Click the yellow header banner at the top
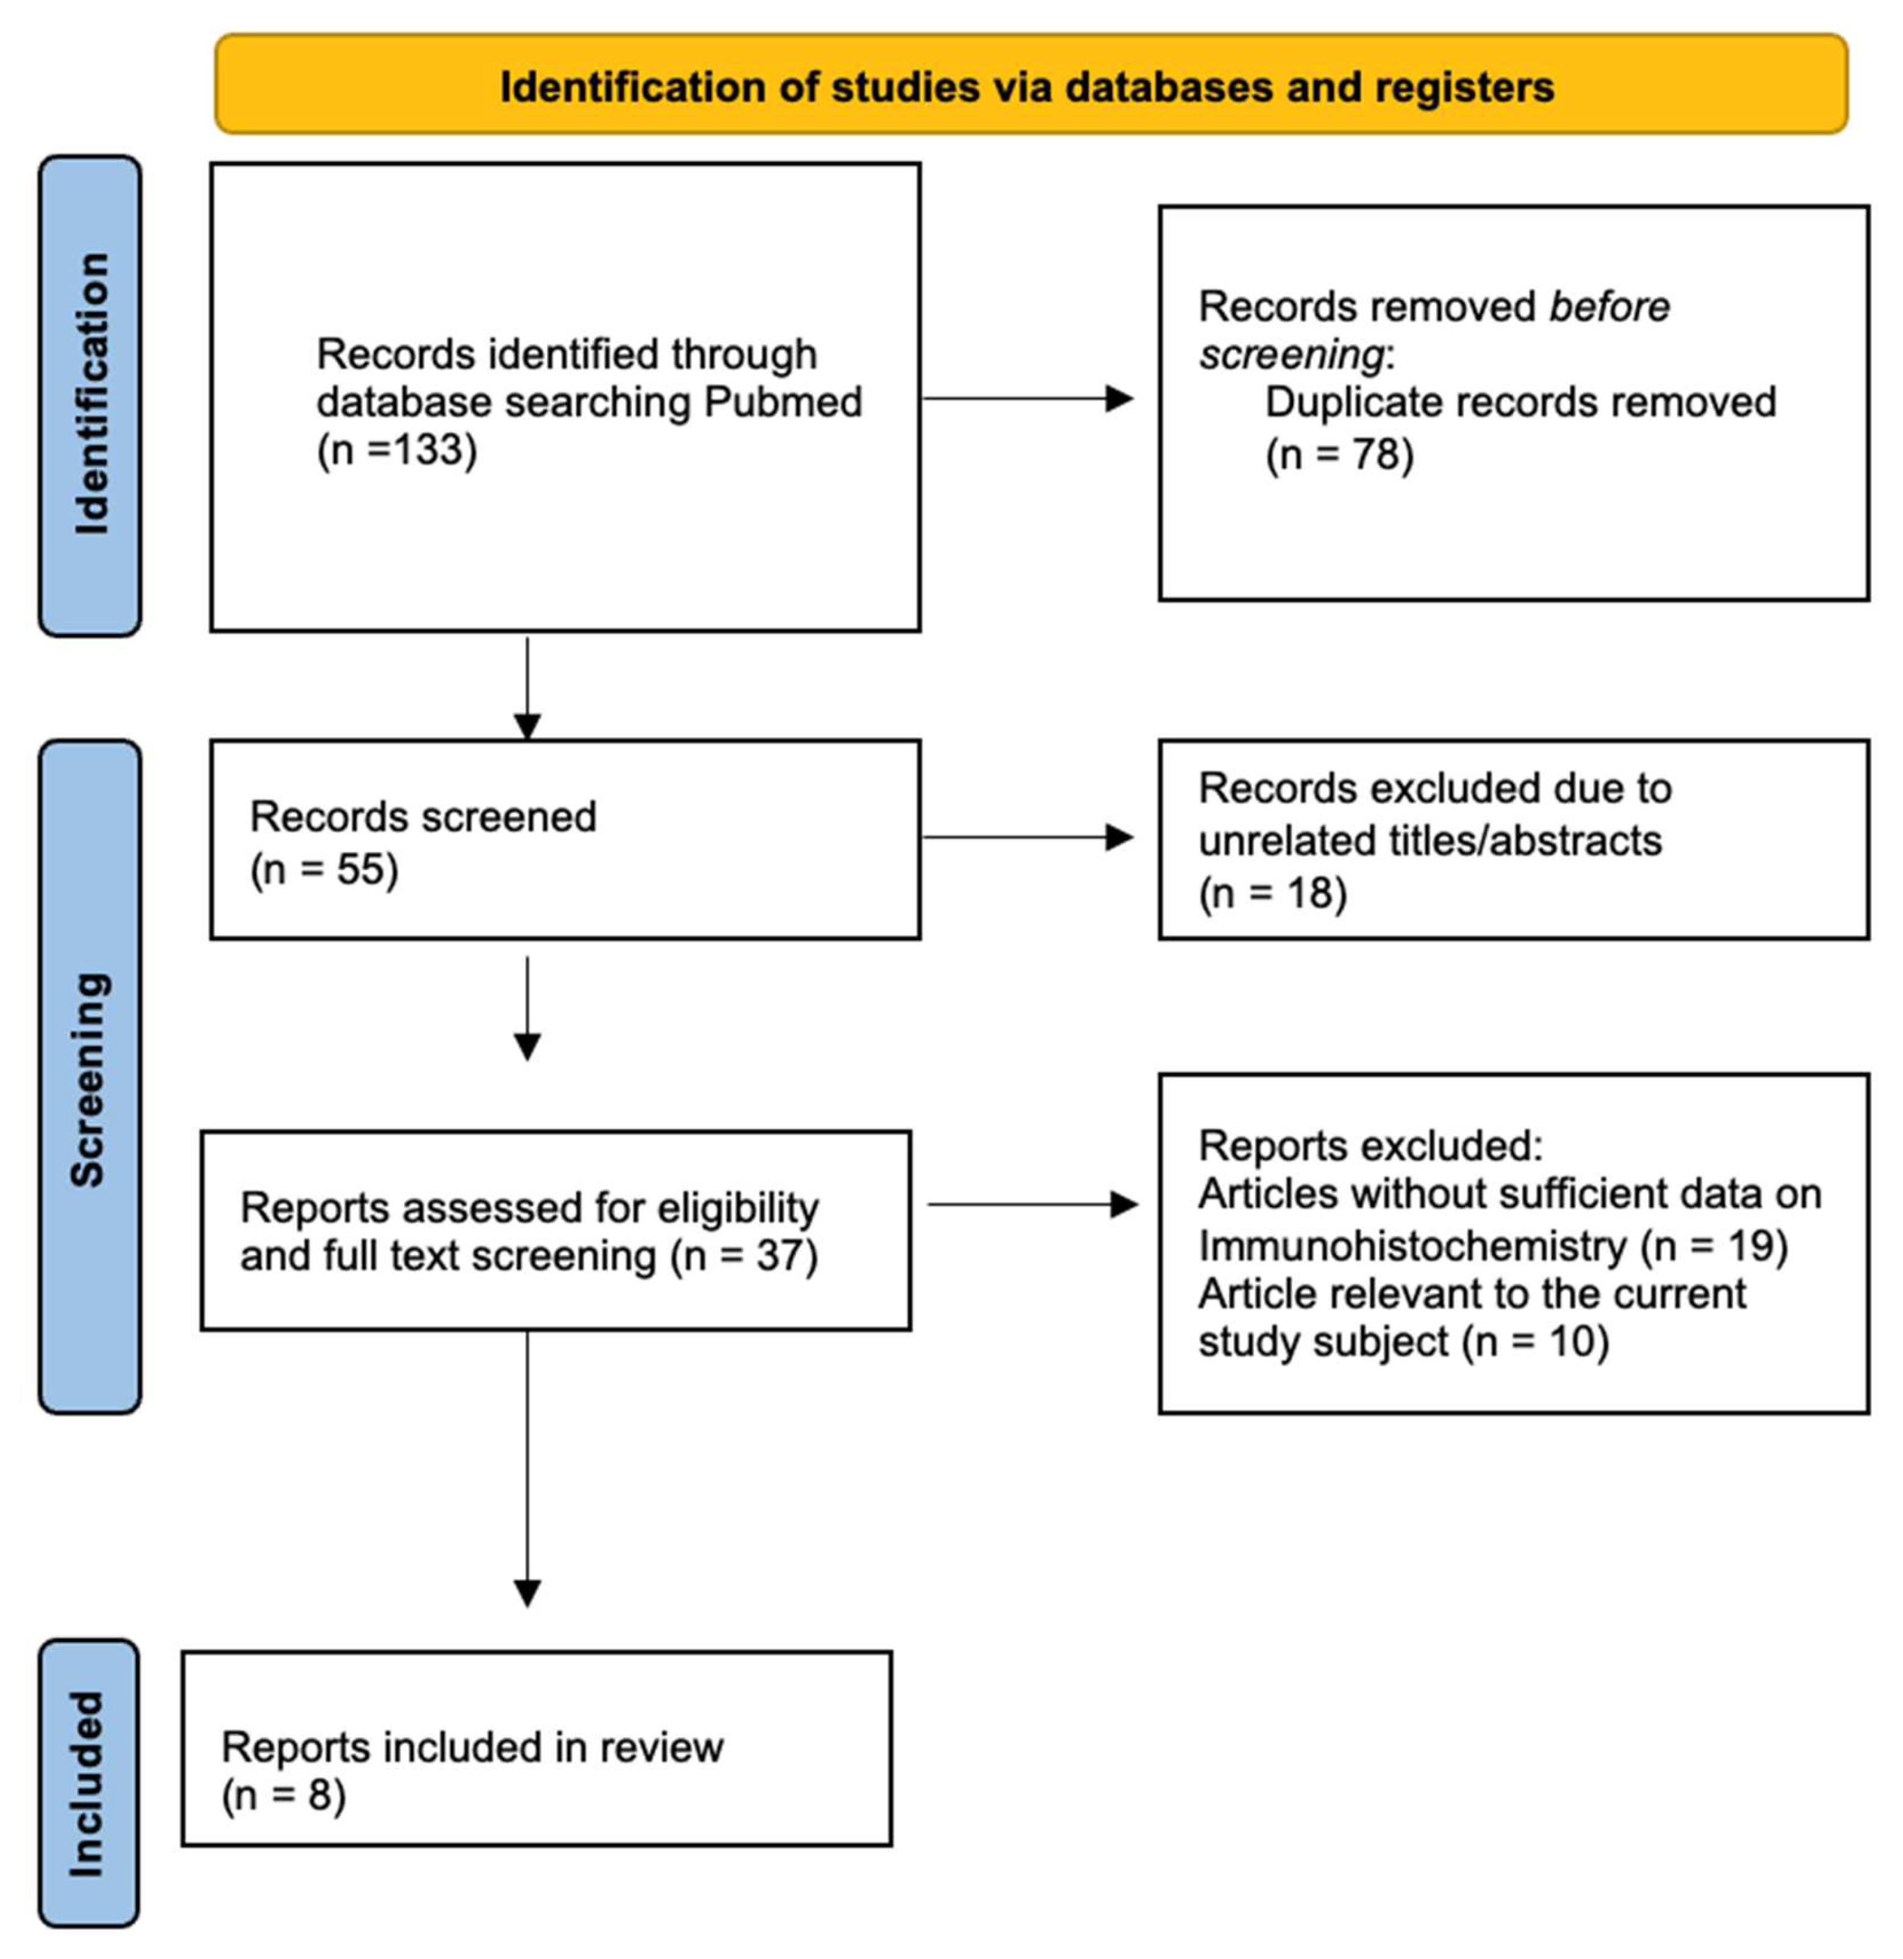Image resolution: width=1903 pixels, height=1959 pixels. tap(1029, 86)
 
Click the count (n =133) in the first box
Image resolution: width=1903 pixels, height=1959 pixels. tap(397, 450)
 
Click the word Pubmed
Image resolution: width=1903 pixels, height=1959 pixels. tap(782, 402)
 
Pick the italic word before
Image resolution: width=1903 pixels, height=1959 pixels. tap(1609, 307)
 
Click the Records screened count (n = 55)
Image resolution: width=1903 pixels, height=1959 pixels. tap(324, 870)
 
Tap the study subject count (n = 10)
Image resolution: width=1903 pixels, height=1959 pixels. tap(1535, 1341)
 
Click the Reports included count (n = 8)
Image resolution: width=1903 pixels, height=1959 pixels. tap(284, 1796)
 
